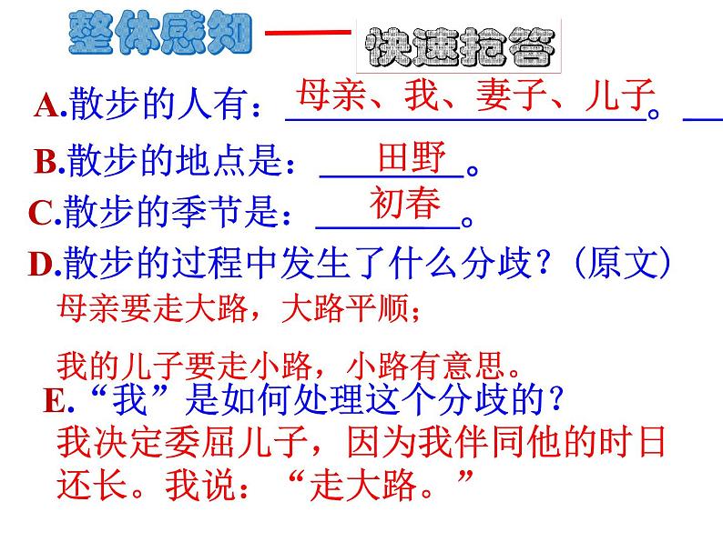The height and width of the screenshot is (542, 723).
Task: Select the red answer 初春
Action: point(405,204)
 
